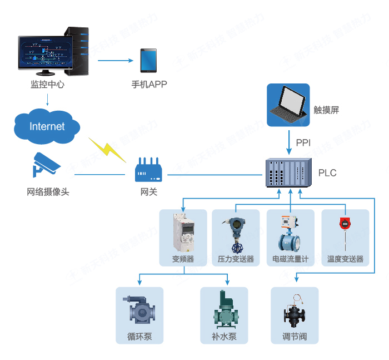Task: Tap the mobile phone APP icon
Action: pyautogui.click(x=148, y=61)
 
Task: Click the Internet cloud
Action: pyautogui.click(x=47, y=126)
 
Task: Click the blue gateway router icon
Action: pyautogui.click(x=149, y=171)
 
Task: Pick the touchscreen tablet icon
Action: pyautogui.click(x=288, y=105)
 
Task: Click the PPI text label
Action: pyautogui.click(x=303, y=143)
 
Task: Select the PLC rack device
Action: pyautogui.click(x=286, y=173)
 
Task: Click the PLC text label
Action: pyautogui.click(x=327, y=173)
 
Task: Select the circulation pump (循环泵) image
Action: pyautogui.click(x=139, y=312)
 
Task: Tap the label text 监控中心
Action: pyautogui.click(x=47, y=85)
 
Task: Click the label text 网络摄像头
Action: pyautogui.click(x=48, y=192)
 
